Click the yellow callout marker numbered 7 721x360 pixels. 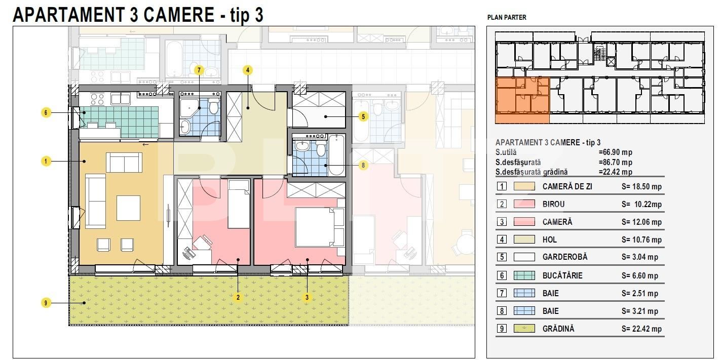[199, 70]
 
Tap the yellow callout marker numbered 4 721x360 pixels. [248, 70]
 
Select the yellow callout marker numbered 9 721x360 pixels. [46, 303]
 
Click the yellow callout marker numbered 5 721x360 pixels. [363, 116]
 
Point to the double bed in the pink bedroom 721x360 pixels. [320, 227]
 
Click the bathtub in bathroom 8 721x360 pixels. [336, 155]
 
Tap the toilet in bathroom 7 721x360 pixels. [214, 106]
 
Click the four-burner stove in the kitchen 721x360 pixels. [97, 99]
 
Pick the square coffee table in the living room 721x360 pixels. [128, 208]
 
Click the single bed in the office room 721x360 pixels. [239, 204]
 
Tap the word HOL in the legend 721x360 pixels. [549, 239]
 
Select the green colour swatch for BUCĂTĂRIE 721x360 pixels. [524, 275]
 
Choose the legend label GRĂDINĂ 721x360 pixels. [558, 329]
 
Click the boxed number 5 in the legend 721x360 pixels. [502, 257]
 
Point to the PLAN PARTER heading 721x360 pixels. [507, 17]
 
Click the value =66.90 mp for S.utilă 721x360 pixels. [616, 152]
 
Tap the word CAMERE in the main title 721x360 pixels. [179, 15]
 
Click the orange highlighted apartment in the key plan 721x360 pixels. [522, 100]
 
